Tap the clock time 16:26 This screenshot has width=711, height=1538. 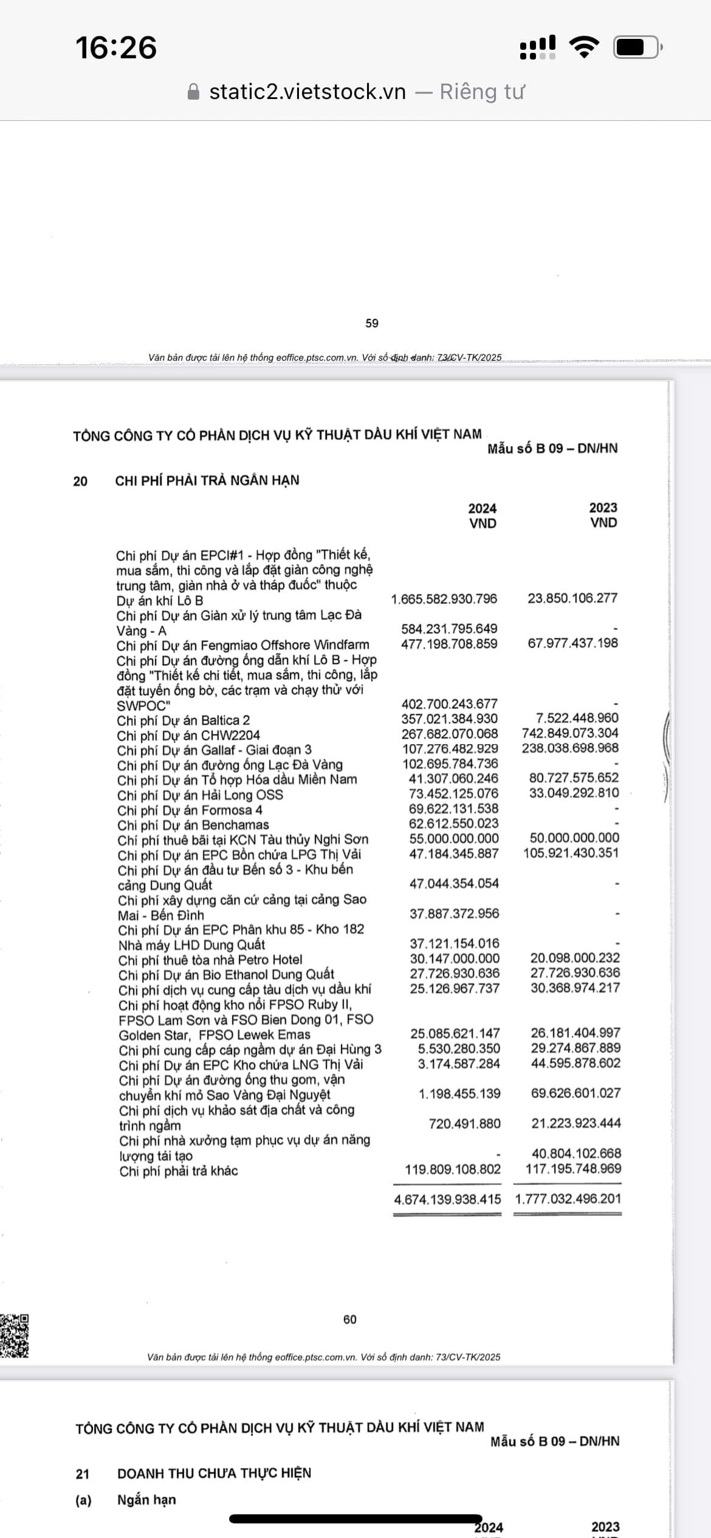pos(115,48)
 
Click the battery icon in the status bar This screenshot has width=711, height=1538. pos(636,47)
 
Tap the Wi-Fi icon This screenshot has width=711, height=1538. pos(583,47)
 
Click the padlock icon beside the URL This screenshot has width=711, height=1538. pos(193,92)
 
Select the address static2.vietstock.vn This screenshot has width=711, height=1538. pos(307,92)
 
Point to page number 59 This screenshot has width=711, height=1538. pos(372,324)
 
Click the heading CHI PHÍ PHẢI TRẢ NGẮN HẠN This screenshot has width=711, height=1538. pos(207,480)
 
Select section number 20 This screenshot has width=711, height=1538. pos(80,481)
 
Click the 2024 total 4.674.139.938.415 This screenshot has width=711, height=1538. pos(447,1199)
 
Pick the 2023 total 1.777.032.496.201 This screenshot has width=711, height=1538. pos(568,1198)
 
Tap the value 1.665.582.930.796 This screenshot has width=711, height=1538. pos(444,599)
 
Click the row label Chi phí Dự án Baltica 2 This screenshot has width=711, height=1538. pos(184,720)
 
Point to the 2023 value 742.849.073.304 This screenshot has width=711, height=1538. pos(569,733)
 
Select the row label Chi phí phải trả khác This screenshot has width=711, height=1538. pos(179,1171)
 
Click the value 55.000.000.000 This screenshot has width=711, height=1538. pos(453,838)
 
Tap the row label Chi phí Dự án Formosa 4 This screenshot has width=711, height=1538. pos(190,810)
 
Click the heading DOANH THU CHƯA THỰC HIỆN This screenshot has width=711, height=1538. pos(214,1473)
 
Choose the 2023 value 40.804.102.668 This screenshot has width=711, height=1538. pos(575,1153)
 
